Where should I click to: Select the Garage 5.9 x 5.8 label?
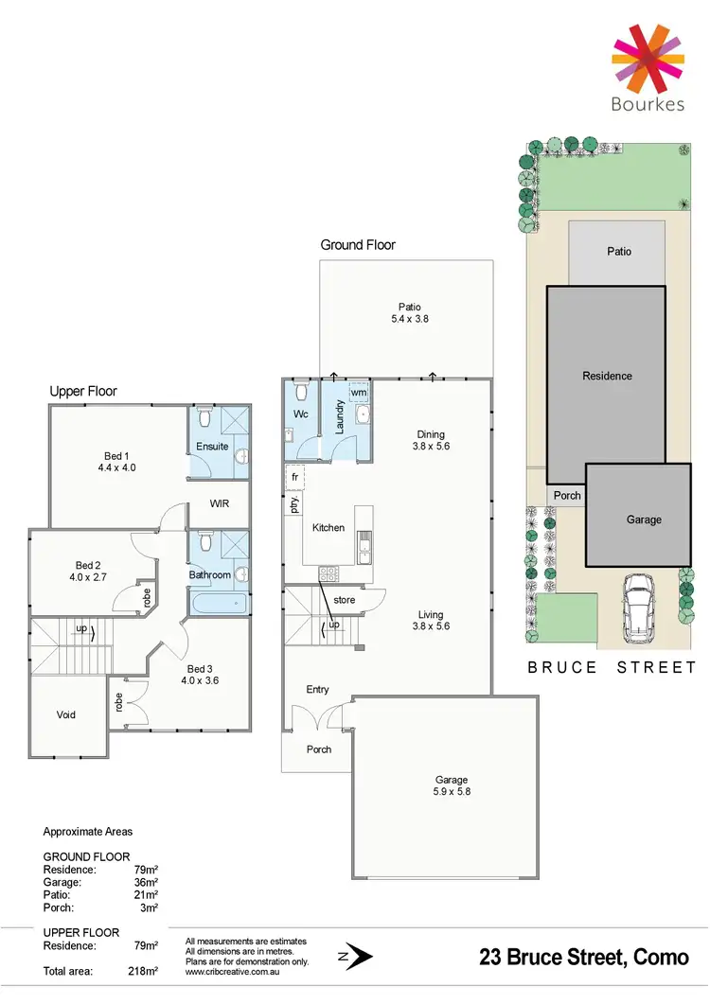452,786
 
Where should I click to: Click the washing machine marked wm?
359,392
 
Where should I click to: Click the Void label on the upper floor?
65,714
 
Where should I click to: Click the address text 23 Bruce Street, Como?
585,958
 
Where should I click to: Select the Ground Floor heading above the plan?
357,245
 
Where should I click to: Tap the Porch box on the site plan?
568,496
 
